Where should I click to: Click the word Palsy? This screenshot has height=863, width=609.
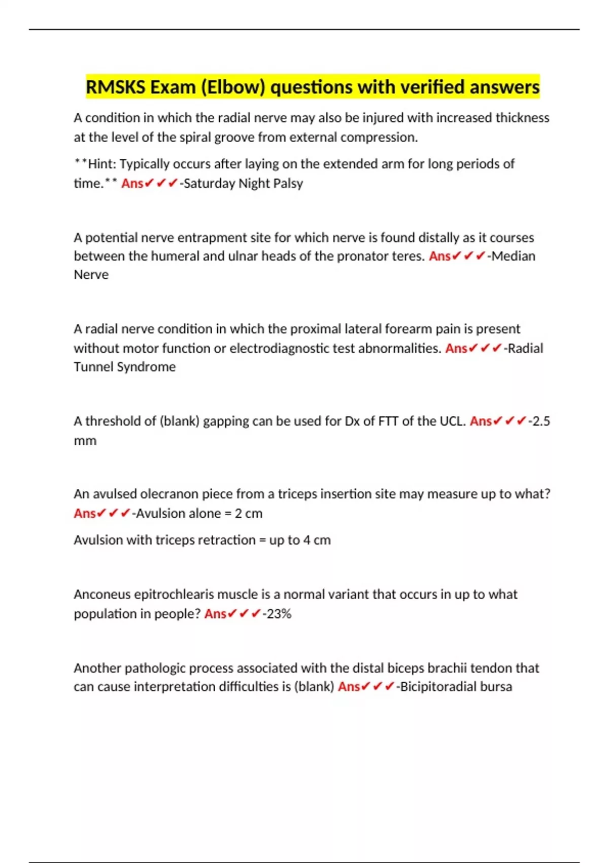pos(288,183)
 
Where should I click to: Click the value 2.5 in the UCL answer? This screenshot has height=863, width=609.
pos(541,421)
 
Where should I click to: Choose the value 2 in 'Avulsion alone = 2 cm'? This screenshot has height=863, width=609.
pos(238,514)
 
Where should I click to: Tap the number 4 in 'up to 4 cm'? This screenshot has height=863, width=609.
pos(307,540)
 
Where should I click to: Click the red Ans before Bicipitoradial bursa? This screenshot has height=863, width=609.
pos(349,687)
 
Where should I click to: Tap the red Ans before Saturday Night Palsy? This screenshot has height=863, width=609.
pos(132,183)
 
